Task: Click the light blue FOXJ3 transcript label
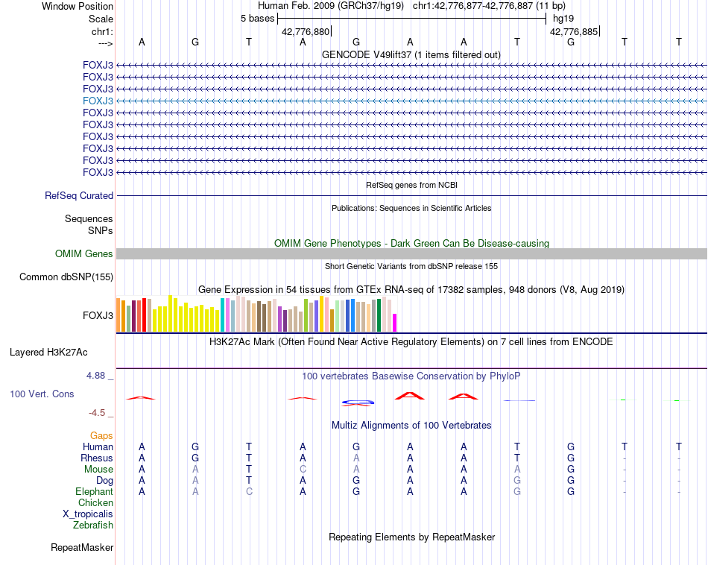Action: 98,101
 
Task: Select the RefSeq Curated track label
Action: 79,196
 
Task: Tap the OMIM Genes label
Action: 84,254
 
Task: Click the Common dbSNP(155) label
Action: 66,277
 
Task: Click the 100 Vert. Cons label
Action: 42,394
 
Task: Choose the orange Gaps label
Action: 101,435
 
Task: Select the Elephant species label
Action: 94,492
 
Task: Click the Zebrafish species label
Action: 93,525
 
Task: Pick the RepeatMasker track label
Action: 82,548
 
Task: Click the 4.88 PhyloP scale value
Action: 97,376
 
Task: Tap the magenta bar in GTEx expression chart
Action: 395,323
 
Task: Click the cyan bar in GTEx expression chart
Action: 223,315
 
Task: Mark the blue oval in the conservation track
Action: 357,403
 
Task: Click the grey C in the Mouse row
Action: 303,470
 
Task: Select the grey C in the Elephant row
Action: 249,492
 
